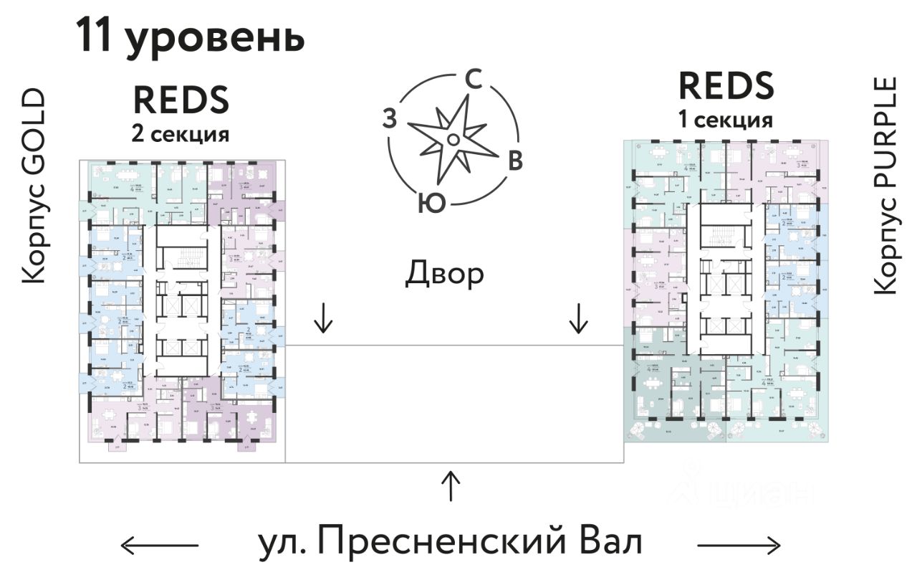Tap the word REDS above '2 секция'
coord(181,100)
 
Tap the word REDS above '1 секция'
coord(726,86)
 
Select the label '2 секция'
coord(180,133)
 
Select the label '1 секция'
coord(726,120)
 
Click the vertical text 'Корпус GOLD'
coord(34,186)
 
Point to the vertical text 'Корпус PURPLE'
coord(885,185)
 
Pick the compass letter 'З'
coord(389,119)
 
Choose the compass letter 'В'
coord(514,162)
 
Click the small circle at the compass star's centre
coord(453,138)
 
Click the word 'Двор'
coord(444,273)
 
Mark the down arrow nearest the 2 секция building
coord(324,318)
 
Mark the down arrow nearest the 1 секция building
coord(577,318)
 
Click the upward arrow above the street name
coord(451,485)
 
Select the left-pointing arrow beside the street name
coord(159,546)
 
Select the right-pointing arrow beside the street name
coord(739,546)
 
